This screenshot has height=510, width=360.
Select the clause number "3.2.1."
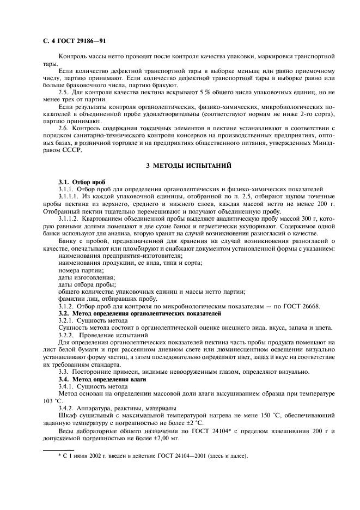click(x=66, y=321)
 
